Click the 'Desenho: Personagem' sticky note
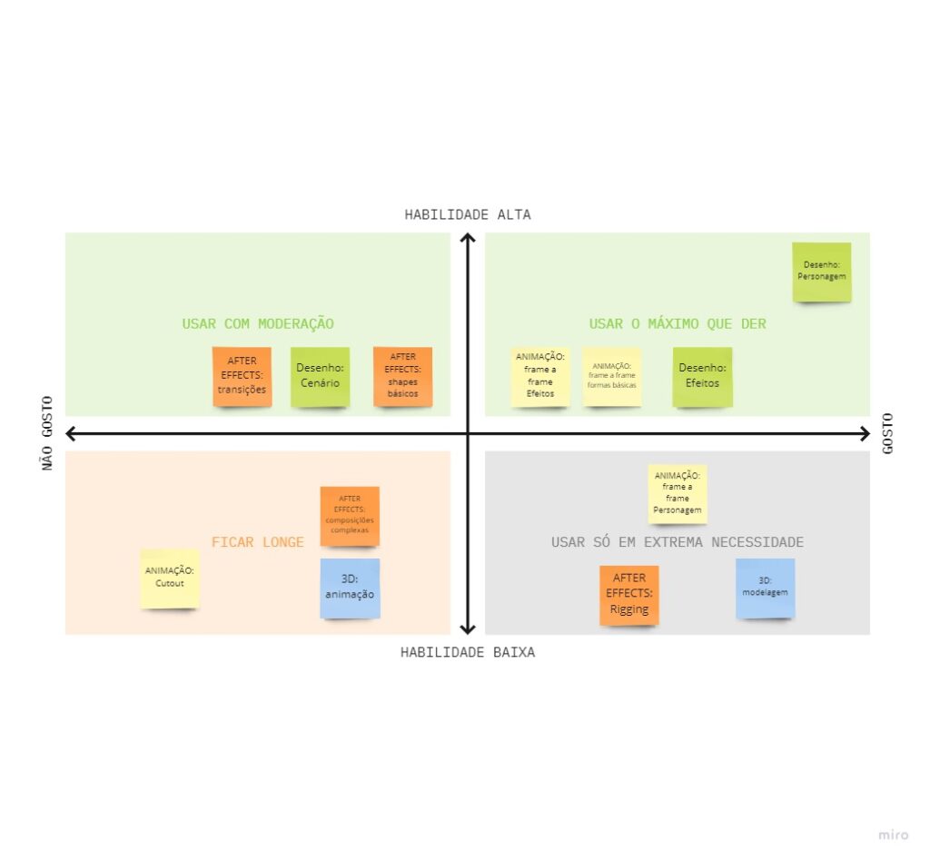click(x=822, y=272)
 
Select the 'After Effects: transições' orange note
click(x=242, y=376)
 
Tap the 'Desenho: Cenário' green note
click(x=320, y=376)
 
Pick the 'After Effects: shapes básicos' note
click(x=402, y=376)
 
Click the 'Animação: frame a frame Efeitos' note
click(x=540, y=376)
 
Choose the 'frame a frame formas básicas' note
click(x=612, y=376)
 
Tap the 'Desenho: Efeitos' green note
click(x=702, y=376)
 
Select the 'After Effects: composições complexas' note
click(x=350, y=515)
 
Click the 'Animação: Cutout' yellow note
click(x=170, y=578)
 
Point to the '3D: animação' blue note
click(x=350, y=588)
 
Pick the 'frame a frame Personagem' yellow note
click(x=678, y=493)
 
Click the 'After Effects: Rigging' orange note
click(x=629, y=594)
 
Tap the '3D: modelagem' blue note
click(x=765, y=587)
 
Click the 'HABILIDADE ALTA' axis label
click(x=468, y=215)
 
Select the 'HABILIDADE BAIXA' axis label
click(x=468, y=652)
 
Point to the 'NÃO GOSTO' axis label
click(x=48, y=433)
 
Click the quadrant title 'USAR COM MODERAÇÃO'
click(x=258, y=324)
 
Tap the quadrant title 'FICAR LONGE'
click(x=258, y=542)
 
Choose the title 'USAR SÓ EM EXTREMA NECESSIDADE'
click(x=678, y=542)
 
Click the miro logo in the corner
click(x=894, y=835)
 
